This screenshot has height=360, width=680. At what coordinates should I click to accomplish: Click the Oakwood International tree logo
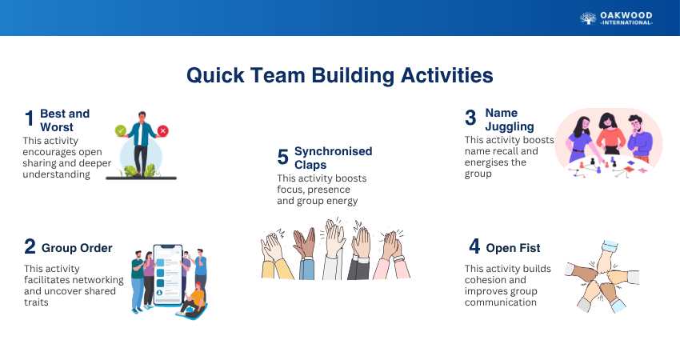(588, 18)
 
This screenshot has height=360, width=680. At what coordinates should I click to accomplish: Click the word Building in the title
(353, 76)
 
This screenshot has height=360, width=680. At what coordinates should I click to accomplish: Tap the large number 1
(29, 118)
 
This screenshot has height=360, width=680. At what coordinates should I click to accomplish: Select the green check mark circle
(121, 130)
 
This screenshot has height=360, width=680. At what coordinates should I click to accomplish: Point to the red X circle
(162, 130)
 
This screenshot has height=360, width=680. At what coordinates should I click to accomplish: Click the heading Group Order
(77, 248)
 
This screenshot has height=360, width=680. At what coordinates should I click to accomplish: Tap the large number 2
(30, 246)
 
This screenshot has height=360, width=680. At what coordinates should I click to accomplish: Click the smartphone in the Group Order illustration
(168, 274)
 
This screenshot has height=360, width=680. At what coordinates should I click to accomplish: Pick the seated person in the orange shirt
(194, 301)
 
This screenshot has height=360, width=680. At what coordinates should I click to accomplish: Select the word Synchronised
(333, 151)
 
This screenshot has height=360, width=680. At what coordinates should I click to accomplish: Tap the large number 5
(282, 157)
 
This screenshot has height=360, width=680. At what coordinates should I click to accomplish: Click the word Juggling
(510, 126)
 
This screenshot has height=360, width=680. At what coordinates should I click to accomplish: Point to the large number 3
(470, 118)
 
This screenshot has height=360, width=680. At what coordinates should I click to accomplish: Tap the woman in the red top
(610, 134)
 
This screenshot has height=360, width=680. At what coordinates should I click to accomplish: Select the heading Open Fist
(513, 248)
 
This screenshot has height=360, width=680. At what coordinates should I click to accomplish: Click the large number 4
(474, 246)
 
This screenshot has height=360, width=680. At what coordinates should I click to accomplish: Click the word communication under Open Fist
(501, 302)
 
